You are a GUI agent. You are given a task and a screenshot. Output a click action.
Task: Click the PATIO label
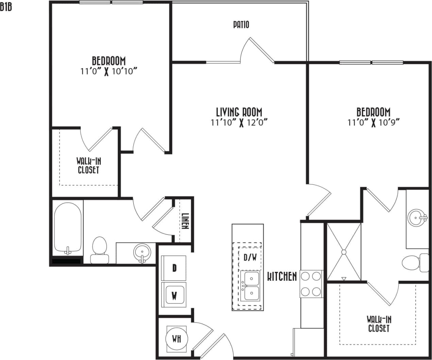pos(241,24)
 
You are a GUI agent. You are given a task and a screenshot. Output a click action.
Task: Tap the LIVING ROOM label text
pos(239,112)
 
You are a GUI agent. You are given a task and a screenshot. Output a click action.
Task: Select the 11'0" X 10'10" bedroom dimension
pos(109,71)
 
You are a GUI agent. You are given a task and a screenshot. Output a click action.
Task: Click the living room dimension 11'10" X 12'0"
pos(239,122)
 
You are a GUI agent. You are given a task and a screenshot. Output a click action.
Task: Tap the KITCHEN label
pos(282,276)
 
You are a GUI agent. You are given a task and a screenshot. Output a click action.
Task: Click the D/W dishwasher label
pos(250,258)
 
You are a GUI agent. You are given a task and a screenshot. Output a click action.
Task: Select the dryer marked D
pos(174,268)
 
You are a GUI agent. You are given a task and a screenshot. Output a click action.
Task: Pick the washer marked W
pos(174,295)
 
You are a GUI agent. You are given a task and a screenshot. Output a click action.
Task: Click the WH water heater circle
pos(176,339)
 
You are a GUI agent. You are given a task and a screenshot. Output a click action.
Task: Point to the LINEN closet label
pos(185,221)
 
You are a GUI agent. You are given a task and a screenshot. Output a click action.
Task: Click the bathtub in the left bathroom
pos(68,228)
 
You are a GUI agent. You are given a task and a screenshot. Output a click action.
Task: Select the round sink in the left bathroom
pos(142,252)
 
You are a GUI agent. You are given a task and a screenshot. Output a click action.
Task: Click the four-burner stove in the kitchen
pos(311,283)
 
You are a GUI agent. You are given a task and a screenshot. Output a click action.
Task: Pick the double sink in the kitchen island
pos(250,286)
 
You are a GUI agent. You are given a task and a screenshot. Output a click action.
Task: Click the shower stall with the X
pos(344,252)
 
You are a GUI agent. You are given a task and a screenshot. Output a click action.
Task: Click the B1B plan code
pos(6,7)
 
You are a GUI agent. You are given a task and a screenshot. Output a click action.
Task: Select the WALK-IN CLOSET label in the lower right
pos(379,324)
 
